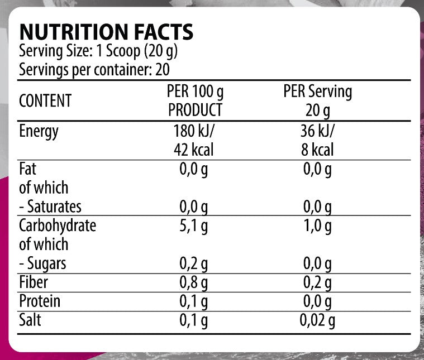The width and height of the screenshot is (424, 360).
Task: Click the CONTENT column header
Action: pos(45,101)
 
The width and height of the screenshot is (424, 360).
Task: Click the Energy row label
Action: pos(39,132)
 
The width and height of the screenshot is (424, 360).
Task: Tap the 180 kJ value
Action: pos(195,132)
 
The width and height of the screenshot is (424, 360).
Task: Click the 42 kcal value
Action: pos(194,150)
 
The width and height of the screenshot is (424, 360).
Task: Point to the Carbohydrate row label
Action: pos(58,225)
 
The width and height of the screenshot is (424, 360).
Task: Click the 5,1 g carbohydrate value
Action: pos(194,226)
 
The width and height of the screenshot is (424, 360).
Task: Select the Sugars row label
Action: pos(42,263)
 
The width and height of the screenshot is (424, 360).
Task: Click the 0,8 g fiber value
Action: pos(194,282)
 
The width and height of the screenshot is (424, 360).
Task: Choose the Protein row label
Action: pos(40,301)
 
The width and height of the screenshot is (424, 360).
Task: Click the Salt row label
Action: pos(30,320)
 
